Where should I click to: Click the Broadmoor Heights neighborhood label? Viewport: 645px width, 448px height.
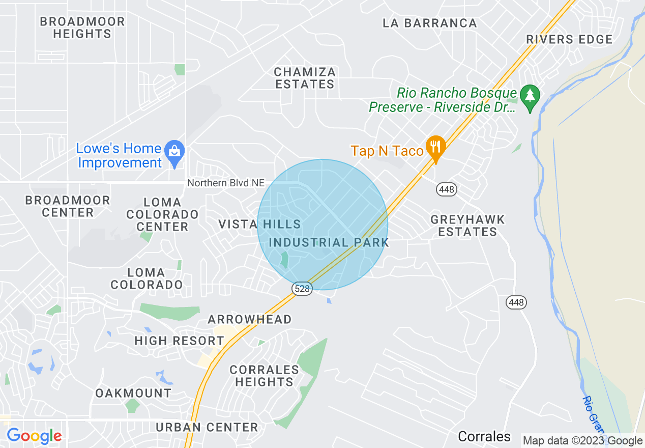82,28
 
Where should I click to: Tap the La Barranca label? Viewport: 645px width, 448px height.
430,23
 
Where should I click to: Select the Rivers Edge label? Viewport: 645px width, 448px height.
569,40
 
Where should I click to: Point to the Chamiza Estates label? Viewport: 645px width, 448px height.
305,78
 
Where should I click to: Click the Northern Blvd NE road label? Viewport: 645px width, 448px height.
226,183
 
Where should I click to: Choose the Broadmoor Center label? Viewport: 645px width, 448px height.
68,206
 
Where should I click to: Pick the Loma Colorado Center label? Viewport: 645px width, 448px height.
162,214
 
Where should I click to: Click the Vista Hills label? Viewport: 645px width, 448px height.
259,225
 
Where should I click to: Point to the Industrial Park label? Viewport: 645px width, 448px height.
329,243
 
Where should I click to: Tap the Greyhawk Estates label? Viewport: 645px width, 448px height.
467,226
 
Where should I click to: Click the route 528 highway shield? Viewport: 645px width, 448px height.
302,289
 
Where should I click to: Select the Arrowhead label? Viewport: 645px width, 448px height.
250,320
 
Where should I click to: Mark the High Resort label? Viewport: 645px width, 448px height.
179,341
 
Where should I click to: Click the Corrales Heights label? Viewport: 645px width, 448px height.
264,376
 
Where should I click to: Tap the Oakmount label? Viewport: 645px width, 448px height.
133,393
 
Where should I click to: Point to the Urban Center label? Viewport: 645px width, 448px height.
207,427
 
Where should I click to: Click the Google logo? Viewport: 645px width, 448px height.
34,436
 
